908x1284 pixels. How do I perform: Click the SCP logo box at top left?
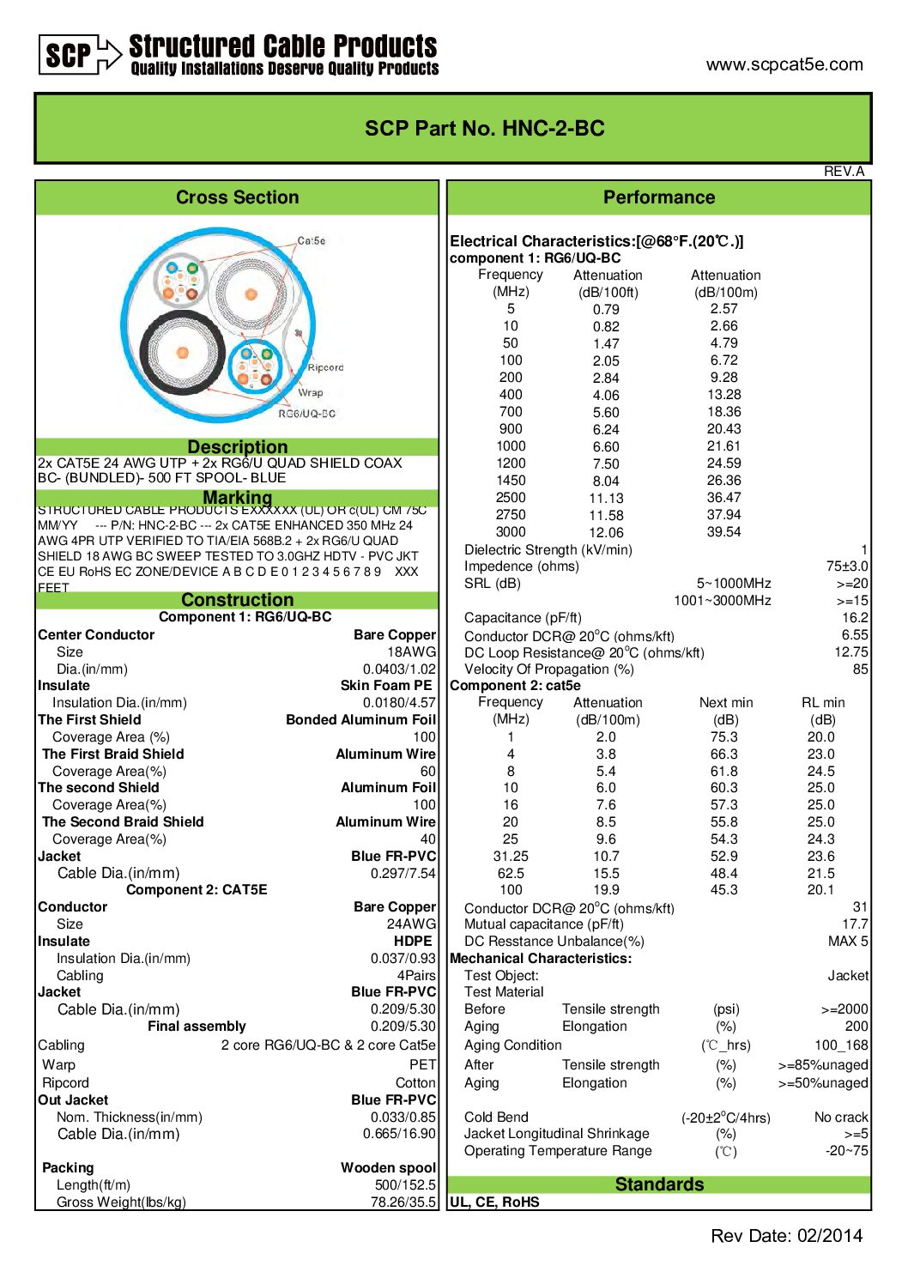tap(69, 55)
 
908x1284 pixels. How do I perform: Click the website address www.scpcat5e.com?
tap(784, 64)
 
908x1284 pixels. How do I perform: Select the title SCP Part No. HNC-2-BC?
tap(485, 129)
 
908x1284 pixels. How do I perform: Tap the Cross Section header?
tap(238, 197)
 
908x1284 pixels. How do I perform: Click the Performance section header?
tap(659, 197)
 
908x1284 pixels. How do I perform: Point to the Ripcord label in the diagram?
tap(325, 367)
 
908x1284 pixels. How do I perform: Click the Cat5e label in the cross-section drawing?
tap(312, 241)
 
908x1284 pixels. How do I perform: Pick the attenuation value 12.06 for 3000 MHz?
tap(606, 532)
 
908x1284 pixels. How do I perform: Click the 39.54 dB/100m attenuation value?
tap(723, 532)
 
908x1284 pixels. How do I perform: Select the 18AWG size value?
tap(411, 652)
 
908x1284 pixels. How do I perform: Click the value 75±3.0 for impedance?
tap(847, 566)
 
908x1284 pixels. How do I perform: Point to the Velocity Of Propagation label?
tap(549, 669)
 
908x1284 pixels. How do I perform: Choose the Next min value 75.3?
tap(723, 737)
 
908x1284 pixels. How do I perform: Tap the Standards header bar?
tap(659, 1184)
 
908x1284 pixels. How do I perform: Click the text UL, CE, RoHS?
tap(495, 1202)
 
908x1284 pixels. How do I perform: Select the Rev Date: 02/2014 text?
tap(786, 1236)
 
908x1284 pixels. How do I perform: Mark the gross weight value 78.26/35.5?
tap(403, 1202)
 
